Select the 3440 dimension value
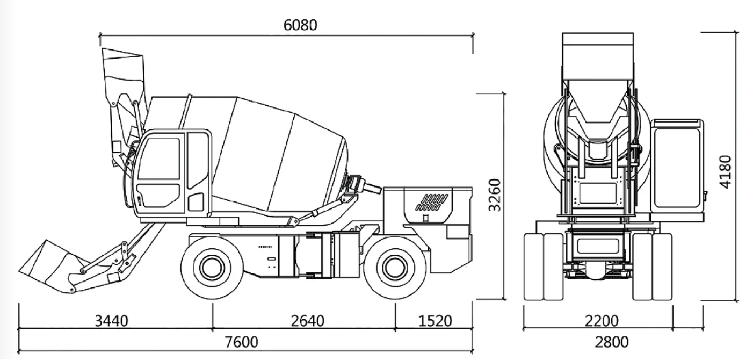coord(112,321)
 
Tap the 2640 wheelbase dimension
coord(308,321)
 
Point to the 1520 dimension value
coord(435,321)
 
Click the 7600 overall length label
coord(241,342)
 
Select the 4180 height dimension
coord(725,171)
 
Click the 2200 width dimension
coord(602,321)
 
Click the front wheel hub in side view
coord(210,265)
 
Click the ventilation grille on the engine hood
coord(433,201)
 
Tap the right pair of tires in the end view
coord(651,266)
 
